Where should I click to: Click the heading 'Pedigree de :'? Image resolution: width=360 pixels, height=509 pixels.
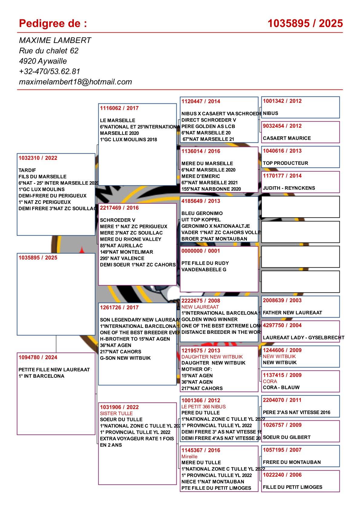click(53, 23)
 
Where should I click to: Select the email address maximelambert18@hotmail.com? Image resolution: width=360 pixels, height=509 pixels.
click(75, 82)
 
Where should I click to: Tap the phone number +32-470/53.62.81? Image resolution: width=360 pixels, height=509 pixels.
click(49, 71)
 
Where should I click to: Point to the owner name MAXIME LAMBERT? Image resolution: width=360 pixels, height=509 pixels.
click(55, 40)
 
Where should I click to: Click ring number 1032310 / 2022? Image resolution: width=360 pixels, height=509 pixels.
click(38, 158)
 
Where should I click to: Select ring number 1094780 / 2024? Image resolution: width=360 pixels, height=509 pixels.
click(38, 357)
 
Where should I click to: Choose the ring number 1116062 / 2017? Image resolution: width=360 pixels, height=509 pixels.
click(119, 108)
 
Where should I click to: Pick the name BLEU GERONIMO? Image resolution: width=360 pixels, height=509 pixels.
click(202, 213)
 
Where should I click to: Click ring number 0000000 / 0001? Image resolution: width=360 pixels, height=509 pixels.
click(201, 251)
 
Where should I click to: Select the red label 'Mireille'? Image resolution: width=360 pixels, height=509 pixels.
click(189, 456)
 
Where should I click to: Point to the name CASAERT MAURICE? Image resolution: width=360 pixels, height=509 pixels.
click(287, 138)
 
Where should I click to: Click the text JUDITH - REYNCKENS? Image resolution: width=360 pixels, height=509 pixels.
click(289, 188)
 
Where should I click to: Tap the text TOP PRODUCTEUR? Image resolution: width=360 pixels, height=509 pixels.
click(285, 163)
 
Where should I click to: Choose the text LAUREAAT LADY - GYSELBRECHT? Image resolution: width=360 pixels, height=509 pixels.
click(303, 338)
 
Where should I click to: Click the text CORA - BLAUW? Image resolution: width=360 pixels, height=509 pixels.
click(281, 387)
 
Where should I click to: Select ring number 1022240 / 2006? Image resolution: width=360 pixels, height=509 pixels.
click(282, 475)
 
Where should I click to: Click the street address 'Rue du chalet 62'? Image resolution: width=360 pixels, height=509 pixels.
click(49, 51)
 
